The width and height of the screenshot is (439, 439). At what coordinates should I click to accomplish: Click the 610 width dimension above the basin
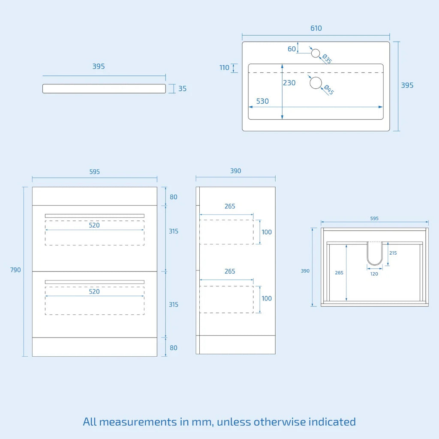coord(316,28)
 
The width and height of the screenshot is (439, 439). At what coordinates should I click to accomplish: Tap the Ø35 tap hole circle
coord(316,53)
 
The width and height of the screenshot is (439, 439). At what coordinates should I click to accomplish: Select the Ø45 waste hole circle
coord(316,83)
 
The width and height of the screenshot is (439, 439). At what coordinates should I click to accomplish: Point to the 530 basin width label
coord(262,101)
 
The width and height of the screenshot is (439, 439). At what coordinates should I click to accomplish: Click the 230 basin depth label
coord(289,83)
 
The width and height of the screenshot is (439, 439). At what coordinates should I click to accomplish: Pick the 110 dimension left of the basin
coord(224,68)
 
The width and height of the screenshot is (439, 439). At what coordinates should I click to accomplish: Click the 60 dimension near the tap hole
coord(292,49)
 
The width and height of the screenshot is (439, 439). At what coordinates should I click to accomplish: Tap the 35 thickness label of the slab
coord(183,89)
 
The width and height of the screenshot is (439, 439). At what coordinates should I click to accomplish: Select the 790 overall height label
coord(15,270)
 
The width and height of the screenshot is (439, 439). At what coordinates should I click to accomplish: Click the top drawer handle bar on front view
coord(95,216)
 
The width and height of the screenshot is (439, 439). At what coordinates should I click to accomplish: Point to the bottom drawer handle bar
coord(95,282)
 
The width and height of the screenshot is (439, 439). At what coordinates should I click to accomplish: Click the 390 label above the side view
coord(235,171)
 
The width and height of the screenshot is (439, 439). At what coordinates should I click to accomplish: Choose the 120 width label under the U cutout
coord(374,274)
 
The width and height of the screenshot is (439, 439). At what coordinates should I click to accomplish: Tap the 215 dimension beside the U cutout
coord(393,253)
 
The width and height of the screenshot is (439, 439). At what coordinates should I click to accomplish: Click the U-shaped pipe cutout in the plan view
coord(375,253)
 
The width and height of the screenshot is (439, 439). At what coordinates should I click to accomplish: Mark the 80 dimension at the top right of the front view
coord(174,197)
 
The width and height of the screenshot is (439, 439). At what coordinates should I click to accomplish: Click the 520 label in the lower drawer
coord(94,292)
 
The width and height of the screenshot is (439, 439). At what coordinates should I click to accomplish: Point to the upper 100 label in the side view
coord(267,232)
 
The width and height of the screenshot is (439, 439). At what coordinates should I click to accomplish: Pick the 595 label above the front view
coord(95,171)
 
